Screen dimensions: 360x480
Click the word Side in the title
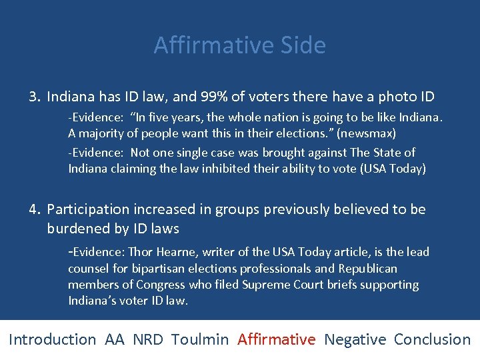click(x=303, y=45)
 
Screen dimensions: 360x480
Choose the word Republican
click(x=367, y=269)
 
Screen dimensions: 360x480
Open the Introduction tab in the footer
click(x=53, y=339)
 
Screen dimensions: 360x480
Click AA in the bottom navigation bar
click(x=114, y=339)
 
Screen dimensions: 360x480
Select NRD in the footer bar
click(x=147, y=339)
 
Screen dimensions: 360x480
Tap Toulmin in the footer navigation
click(x=199, y=339)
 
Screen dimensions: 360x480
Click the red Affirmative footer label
click(x=276, y=339)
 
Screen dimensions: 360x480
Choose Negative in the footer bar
click(x=355, y=339)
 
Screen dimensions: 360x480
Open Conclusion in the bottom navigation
click(x=432, y=339)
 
